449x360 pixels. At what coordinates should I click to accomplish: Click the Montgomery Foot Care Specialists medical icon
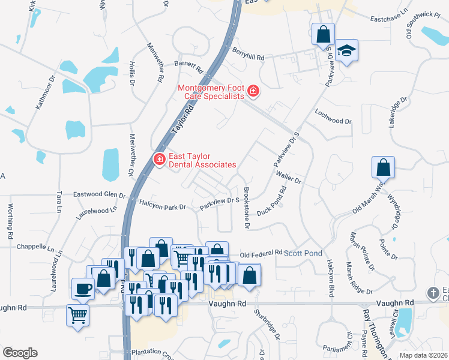(x=253, y=92)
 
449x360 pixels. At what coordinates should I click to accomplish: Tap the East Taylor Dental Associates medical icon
(x=160, y=160)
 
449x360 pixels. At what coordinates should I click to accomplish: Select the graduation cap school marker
(x=346, y=50)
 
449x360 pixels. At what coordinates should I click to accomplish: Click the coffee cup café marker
(x=83, y=289)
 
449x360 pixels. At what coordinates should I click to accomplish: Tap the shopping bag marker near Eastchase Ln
(x=323, y=34)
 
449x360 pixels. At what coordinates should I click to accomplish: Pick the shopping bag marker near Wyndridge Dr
(x=383, y=167)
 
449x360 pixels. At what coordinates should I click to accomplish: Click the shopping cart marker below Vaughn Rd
(x=77, y=314)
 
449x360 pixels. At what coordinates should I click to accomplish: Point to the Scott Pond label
(x=307, y=254)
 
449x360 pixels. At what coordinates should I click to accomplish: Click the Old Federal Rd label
(x=261, y=253)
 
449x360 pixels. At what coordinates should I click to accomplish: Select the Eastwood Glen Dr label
(x=99, y=195)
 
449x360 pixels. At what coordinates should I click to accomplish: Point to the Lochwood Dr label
(x=333, y=116)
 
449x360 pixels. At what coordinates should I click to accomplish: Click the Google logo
(x=20, y=353)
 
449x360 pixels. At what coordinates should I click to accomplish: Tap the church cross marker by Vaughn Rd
(x=433, y=293)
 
